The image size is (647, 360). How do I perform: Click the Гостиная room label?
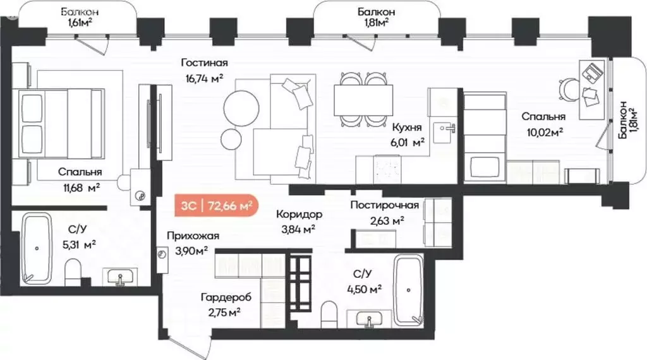point(203,63)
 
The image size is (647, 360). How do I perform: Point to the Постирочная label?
point(385,205)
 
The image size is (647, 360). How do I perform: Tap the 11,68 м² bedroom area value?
point(80,187)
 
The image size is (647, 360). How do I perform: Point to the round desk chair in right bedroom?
point(571,90)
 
